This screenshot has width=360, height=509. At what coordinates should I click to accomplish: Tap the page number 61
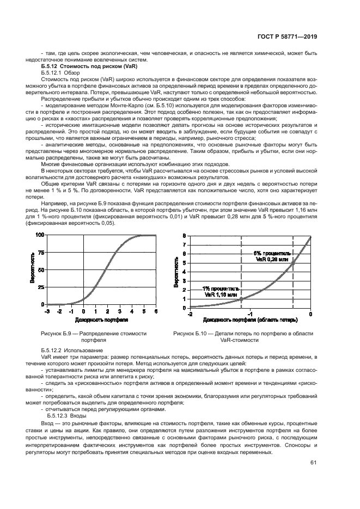click(313, 463)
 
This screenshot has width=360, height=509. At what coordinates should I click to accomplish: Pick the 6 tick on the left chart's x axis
click(156, 311)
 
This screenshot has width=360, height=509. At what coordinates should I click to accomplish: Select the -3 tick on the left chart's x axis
click(47, 311)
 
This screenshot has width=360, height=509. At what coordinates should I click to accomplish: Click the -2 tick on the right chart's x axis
click(190, 315)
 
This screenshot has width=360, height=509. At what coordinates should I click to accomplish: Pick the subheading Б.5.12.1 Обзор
click(60, 72)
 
